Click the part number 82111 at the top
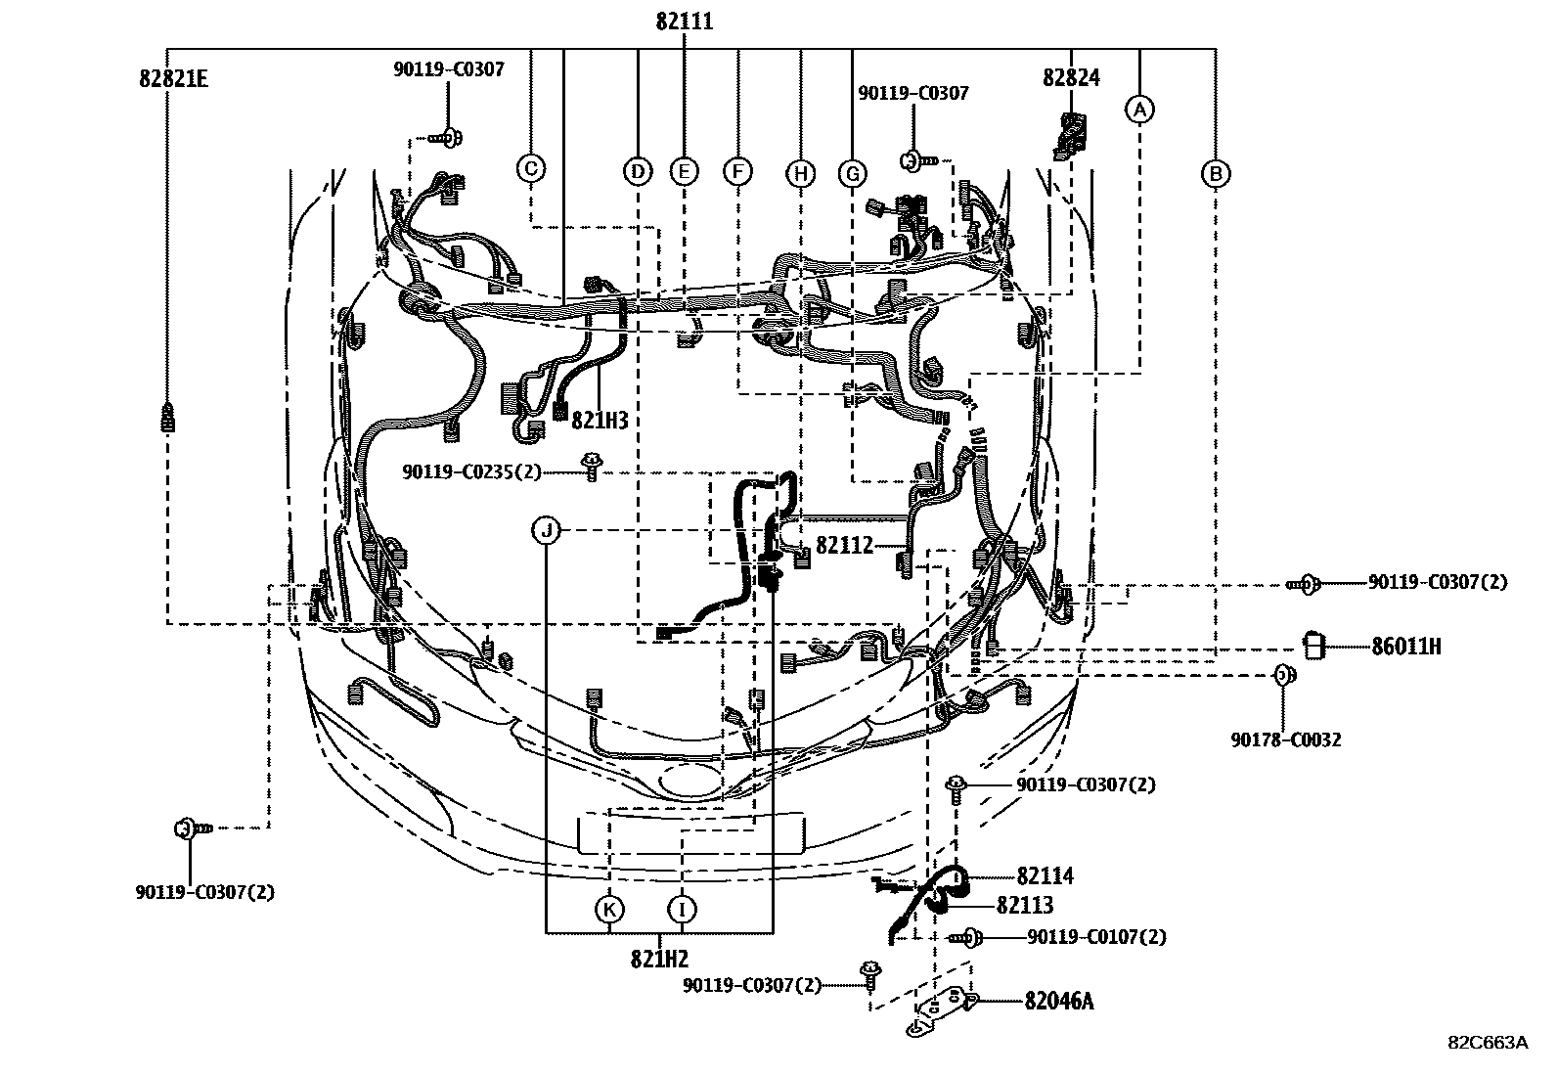684,22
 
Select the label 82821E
173,78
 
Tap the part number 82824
1071,78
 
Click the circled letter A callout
1138,109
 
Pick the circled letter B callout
1216,174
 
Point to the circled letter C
530,168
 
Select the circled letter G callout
853,174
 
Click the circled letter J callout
547,531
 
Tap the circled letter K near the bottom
608,910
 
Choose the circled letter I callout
682,910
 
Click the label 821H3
599,421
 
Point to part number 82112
844,546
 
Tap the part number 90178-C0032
1285,739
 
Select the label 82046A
1058,1001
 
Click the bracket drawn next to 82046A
942,1008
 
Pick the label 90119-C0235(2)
470,472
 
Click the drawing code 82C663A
1488,1042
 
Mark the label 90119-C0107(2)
1096,937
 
